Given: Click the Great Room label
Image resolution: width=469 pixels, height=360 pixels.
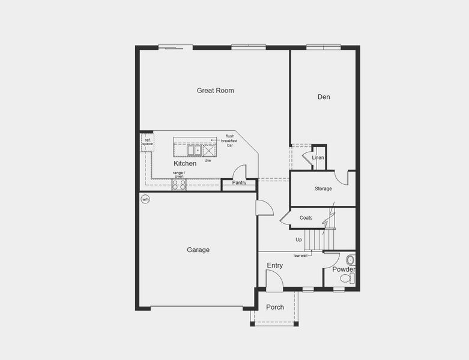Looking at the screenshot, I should click(215, 91).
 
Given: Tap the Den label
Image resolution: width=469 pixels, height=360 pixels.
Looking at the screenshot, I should click(324, 97).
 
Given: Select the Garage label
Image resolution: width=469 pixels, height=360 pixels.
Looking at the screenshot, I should click(198, 250).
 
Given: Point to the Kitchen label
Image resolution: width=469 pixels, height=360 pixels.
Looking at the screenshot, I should click(185, 163).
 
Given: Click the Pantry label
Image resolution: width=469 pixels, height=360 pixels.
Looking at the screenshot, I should click(239, 183).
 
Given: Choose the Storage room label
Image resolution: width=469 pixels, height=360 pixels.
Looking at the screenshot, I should click(323, 189).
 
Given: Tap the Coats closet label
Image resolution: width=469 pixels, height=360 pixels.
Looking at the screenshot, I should click(306, 218).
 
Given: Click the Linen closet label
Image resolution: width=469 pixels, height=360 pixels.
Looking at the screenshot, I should click(318, 158).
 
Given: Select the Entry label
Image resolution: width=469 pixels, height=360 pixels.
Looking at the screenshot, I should click(274, 265).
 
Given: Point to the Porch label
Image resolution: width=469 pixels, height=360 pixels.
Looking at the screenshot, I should click(275, 307).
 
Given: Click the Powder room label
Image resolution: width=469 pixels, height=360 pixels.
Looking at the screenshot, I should click(343, 269).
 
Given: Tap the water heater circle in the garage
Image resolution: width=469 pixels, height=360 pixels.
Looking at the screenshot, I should click(145, 199).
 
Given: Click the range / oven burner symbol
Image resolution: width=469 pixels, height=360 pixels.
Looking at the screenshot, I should click(179, 185).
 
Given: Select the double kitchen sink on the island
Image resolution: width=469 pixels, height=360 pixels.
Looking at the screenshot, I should click(194, 149).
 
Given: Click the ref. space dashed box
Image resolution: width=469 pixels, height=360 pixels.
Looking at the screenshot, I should click(147, 143).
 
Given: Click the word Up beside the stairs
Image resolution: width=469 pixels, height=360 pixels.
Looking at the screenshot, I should click(298, 240).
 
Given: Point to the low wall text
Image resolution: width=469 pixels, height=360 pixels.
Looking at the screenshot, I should click(301, 256).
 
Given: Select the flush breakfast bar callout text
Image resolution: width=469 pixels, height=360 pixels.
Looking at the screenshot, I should click(230, 140).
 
